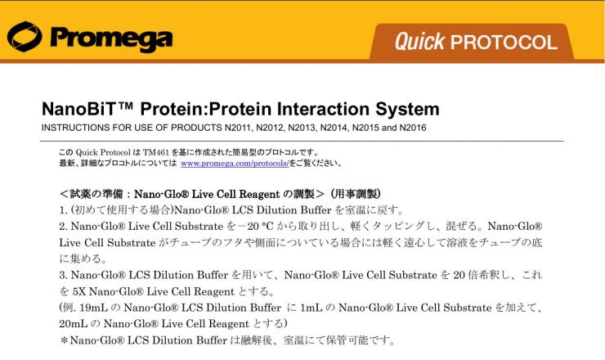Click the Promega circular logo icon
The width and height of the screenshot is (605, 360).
25,37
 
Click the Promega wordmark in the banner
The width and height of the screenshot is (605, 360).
111,39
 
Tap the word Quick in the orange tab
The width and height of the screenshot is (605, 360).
419,42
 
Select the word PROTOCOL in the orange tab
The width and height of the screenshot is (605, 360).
504,42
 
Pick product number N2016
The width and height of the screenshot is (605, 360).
413,128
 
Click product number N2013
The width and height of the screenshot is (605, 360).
302,128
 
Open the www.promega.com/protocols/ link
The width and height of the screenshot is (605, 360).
235,164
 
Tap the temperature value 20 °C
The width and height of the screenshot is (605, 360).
257,227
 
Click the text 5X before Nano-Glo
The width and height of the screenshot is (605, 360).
78,291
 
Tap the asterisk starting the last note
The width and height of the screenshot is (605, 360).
64,340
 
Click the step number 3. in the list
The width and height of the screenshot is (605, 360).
63,276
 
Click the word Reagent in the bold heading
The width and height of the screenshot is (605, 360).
258,194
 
